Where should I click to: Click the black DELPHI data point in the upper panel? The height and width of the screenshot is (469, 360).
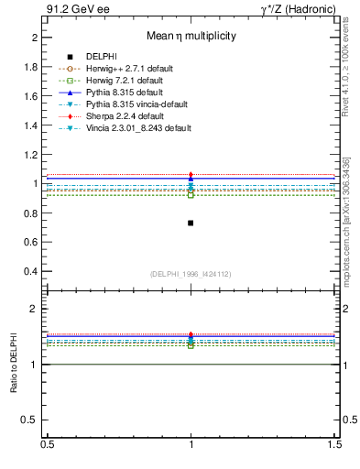point(191,223)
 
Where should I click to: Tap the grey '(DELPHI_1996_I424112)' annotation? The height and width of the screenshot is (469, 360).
point(191,274)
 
